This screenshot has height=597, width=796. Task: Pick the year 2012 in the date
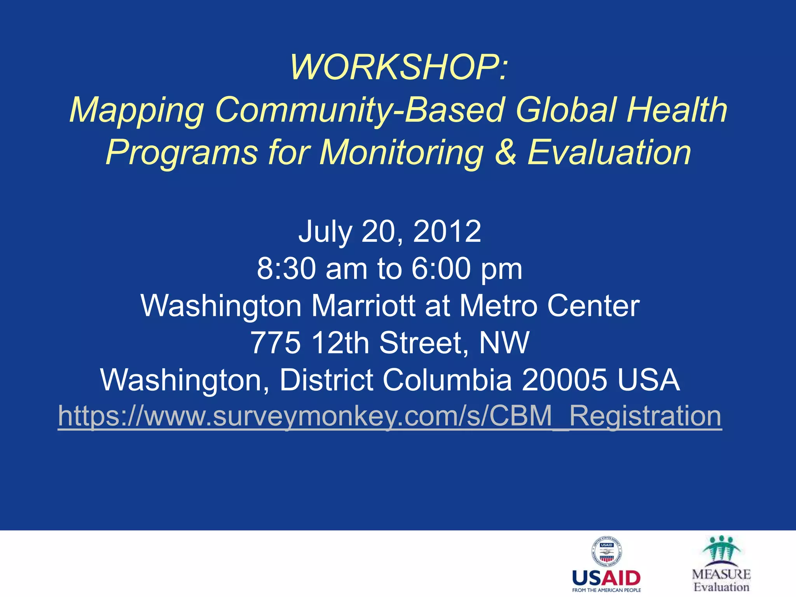click(447, 231)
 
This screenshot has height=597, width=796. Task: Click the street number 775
click(276, 342)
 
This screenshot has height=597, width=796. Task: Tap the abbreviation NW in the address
click(504, 342)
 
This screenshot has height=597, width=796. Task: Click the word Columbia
click(447, 380)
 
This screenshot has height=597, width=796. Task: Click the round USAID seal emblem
click(606, 552)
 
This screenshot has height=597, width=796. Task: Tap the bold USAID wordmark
click(606, 578)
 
